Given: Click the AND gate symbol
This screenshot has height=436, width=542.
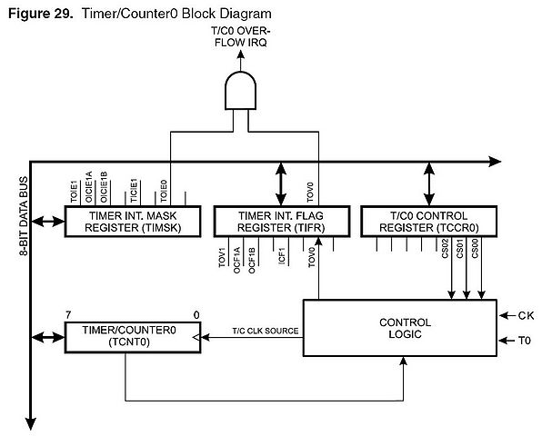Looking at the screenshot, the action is click(x=241, y=91).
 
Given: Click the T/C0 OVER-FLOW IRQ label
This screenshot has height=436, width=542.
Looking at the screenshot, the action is click(x=241, y=37).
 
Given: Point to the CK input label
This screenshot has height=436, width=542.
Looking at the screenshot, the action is click(x=526, y=315).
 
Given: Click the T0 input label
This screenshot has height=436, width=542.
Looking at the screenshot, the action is click(x=525, y=341).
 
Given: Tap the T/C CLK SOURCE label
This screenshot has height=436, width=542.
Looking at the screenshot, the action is click(x=266, y=331).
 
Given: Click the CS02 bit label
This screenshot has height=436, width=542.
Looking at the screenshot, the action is click(x=445, y=249).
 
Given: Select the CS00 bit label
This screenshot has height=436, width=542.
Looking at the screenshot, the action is click(x=475, y=249).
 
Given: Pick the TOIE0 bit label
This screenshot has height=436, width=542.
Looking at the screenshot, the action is click(x=164, y=191).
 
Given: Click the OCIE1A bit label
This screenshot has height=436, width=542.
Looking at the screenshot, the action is click(x=88, y=187).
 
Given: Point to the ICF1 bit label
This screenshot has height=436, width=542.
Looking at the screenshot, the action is click(x=282, y=256).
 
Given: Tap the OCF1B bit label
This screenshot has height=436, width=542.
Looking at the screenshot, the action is click(x=252, y=261).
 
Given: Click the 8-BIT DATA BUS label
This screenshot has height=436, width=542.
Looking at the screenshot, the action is click(x=23, y=216).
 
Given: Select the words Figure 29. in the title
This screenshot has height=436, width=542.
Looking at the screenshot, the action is click(x=40, y=14).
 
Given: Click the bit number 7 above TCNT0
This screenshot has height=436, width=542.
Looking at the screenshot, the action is click(x=68, y=315).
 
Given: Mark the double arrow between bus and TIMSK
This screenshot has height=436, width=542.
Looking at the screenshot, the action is click(x=48, y=222).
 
